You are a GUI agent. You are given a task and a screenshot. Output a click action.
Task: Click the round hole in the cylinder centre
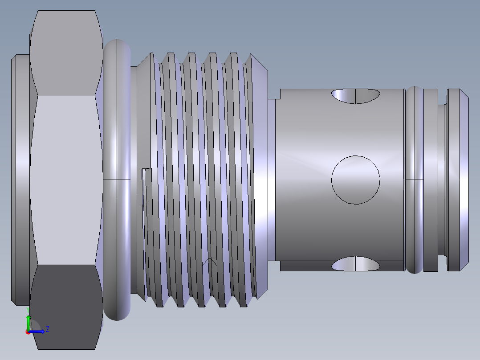(356, 180)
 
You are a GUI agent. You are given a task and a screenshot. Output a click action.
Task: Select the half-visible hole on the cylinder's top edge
(356, 96)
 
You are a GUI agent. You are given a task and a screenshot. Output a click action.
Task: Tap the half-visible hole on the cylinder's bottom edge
(356, 264)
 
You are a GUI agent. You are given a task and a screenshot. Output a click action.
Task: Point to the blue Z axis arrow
(37, 331)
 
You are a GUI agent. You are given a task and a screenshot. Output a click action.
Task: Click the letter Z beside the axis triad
(48, 329)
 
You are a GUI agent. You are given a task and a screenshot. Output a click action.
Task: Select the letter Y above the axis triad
(28, 310)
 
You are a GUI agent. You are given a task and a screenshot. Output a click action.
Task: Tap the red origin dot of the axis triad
(28, 332)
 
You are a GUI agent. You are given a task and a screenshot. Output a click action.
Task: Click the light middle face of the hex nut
(66, 180)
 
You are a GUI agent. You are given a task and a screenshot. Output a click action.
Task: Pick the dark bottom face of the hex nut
(66, 307)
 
